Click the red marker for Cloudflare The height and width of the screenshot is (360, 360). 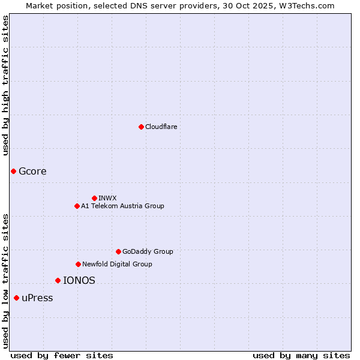(x=141, y=127)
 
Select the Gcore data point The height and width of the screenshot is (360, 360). (x=13, y=171)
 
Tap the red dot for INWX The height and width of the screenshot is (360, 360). (x=94, y=198)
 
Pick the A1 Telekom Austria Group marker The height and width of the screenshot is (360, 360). (x=77, y=206)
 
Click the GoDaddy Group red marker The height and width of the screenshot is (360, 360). (x=118, y=251)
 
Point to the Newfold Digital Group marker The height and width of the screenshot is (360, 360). (x=78, y=264)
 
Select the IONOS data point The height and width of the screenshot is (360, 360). (x=58, y=280)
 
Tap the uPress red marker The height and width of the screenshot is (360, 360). (x=16, y=298)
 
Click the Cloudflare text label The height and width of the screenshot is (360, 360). (x=161, y=127)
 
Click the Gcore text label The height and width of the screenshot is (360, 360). (x=32, y=171)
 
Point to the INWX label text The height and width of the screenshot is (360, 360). (x=107, y=198)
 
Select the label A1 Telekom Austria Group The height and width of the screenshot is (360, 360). (x=122, y=206)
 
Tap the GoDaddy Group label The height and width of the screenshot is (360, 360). (x=148, y=251)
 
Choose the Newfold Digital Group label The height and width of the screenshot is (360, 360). (x=117, y=264)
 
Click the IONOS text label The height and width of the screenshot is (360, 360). (x=79, y=280)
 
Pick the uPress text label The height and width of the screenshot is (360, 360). (x=37, y=298)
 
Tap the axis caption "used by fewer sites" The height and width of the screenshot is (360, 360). (x=62, y=355)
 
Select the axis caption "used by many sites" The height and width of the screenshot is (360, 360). (x=301, y=355)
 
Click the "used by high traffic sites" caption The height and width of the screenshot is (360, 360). (x=5, y=85)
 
